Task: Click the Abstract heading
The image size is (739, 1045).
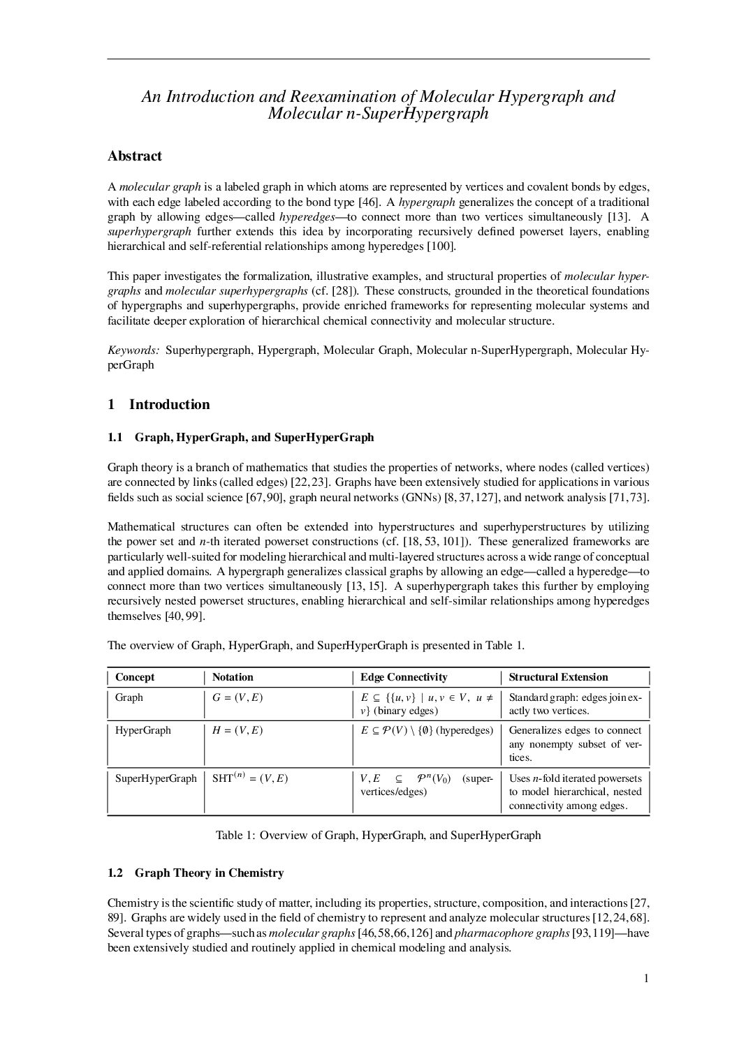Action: tap(135, 156)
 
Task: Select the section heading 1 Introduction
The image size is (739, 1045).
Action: tap(159, 405)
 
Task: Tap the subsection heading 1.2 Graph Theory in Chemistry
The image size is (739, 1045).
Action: tap(196, 873)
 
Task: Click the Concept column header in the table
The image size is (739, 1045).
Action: tap(135, 677)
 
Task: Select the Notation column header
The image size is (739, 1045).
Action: tap(233, 677)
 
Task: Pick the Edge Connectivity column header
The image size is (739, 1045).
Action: tap(404, 677)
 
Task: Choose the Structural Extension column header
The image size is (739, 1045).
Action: tap(558, 677)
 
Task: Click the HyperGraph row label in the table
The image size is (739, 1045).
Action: tap(142, 731)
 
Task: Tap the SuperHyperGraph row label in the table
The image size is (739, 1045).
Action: tap(156, 778)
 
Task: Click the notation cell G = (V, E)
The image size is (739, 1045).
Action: tap(237, 697)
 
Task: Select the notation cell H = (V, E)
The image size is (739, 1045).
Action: tap(237, 731)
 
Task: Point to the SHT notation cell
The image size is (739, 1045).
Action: tap(249, 778)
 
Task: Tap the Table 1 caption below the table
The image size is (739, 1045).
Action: tap(378, 836)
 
